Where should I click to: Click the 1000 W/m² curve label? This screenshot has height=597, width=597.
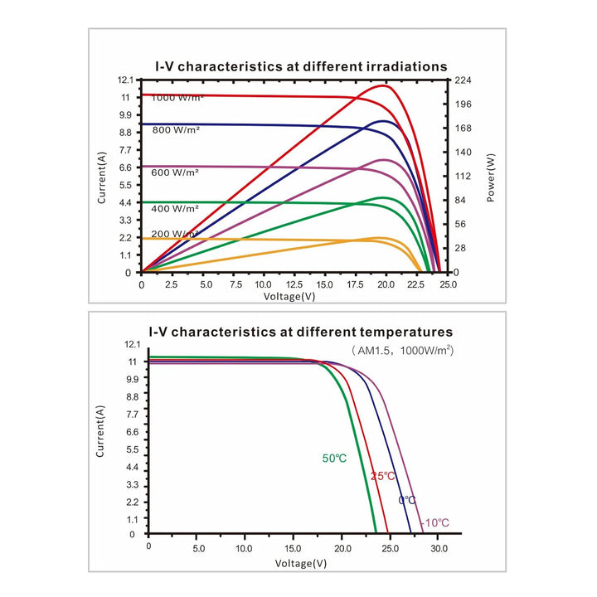tap(177, 98)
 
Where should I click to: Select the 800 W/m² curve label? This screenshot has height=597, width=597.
tap(176, 130)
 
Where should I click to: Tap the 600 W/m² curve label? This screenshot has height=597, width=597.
tap(175, 172)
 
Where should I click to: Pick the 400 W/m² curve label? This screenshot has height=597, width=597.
tap(175, 209)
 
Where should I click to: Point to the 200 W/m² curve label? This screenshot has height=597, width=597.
tap(175, 234)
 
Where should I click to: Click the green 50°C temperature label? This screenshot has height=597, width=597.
tap(334, 458)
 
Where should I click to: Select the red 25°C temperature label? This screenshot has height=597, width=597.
tap(383, 476)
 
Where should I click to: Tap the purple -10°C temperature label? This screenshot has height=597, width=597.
tap(435, 522)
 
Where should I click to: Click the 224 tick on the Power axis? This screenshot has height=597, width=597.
tap(464, 80)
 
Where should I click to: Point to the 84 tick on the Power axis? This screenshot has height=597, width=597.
tap(461, 201)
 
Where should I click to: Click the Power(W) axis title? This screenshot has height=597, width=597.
tap(491, 177)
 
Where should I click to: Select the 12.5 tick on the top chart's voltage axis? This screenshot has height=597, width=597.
tap(294, 284)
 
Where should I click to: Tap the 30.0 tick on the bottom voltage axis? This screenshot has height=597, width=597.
tap(439, 549)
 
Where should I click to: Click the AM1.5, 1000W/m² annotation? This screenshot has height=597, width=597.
tap(402, 350)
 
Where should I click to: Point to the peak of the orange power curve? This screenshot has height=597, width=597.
tap(378, 238)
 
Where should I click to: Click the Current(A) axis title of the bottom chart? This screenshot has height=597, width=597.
tap(99, 431)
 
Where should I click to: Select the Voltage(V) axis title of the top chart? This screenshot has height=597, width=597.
tap(289, 296)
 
